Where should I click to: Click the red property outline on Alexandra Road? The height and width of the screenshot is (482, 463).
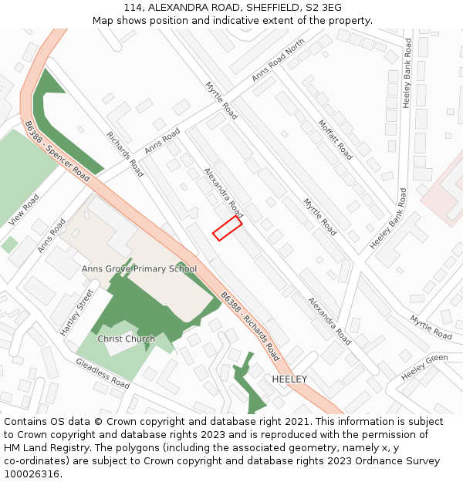point(228,228)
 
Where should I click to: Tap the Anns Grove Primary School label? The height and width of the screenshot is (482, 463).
point(140,269)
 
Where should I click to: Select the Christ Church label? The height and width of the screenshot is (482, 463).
point(126,339)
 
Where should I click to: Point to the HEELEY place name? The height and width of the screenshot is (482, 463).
point(289,379)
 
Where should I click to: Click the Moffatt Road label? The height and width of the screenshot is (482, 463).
point(336,139)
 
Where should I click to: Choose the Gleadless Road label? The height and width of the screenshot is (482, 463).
point(102,372)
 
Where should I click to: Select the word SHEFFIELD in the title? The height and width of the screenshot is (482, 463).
point(275,7)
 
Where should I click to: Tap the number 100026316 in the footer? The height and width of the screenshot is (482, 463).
point(32,474)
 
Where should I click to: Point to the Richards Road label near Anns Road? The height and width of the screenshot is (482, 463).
point(125,154)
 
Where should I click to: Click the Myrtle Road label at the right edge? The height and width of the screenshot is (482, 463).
point(431,327)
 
